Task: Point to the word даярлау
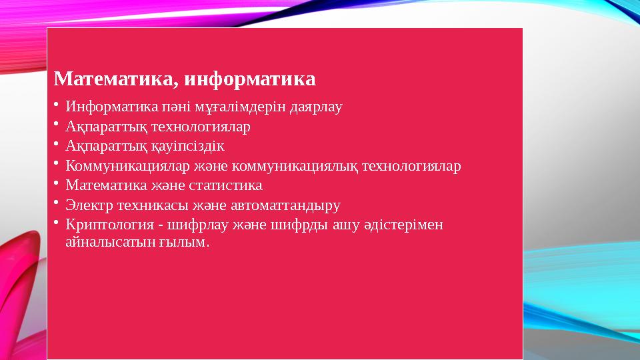[x=316, y=107]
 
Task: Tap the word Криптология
[x=104, y=225]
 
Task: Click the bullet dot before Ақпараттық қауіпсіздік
[x=57, y=143]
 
